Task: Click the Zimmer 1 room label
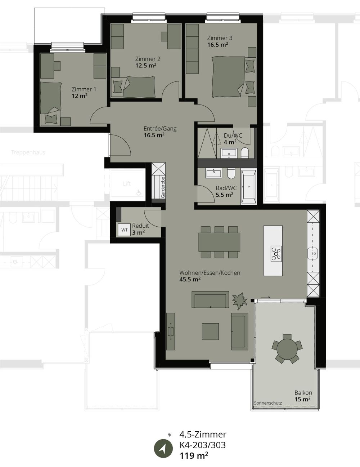[x=84, y=89]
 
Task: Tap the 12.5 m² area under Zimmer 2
[x=145, y=66]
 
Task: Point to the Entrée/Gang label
[x=160, y=129]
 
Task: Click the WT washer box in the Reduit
[x=124, y=230]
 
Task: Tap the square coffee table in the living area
[x=210, y=332]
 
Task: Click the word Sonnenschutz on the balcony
[x=267, y=403]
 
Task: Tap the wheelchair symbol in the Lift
[x=138, y=193]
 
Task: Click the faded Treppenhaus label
[x=28, y=152]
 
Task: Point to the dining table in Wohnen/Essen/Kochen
[x=219, y=242]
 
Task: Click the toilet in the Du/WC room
[x=245, y=153]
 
